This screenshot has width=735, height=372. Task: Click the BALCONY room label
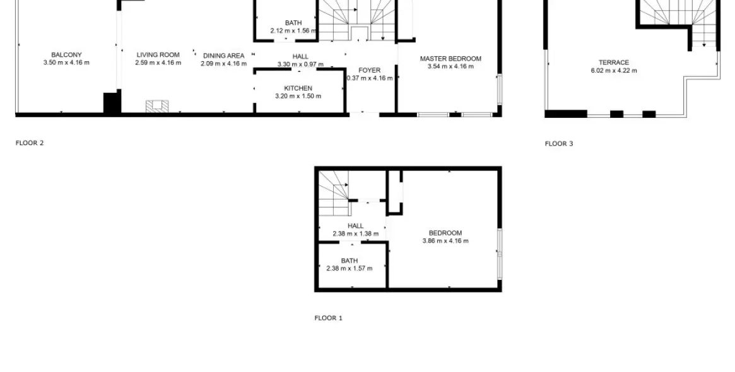[66, 55]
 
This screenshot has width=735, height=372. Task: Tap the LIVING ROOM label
[158, 55]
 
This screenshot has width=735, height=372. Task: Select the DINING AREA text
[223, 56]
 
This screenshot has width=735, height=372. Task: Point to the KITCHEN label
[298, 88]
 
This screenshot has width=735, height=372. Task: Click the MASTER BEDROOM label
[450, 59]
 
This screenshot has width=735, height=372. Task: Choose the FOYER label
[369, 70]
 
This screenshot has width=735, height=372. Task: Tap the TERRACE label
[613, 62]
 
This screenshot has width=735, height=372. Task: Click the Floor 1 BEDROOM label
[445, 233]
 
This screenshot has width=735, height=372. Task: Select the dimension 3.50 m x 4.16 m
[66, 62]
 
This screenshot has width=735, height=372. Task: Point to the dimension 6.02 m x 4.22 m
[613, 71]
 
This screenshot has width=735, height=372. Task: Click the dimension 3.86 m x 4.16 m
[445, 241]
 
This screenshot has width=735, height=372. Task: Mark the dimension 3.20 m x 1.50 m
[298, 96]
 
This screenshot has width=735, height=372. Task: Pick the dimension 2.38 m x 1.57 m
[349, 269]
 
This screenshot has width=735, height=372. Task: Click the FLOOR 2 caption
[30, 143]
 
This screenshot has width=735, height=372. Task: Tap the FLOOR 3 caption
[559, 144]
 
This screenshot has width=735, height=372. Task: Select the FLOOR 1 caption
[328, 318]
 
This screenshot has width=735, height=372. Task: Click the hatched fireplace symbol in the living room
[158, 106]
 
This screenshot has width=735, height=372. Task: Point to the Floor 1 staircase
[332, 192]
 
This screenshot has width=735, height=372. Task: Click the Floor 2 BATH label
[293, 23]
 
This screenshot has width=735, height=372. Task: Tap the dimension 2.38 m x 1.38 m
[355, 234]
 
